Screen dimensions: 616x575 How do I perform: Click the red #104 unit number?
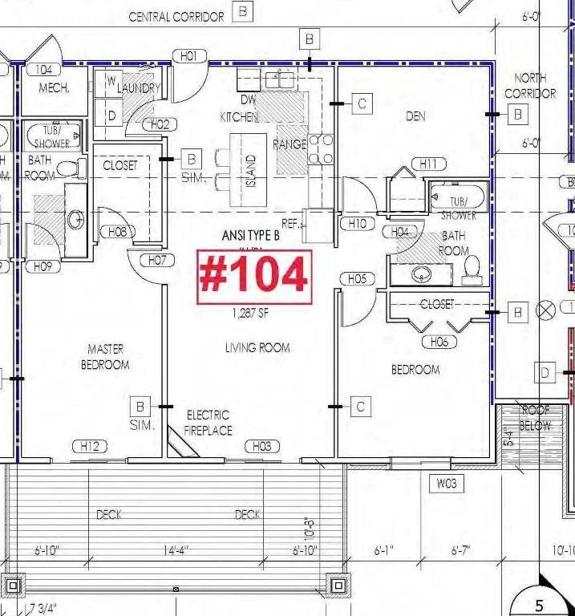pyautogui.click(x=254, y=275)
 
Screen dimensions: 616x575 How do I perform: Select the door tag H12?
pyautogui.click(x=90, y=447)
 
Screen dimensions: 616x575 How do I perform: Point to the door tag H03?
pyautogui.click(x=261, y=447)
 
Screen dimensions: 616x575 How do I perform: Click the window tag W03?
pyautogui.click(x=446, y=484)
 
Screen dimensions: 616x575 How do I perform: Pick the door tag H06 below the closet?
pyautogui.click(x=439, y=342)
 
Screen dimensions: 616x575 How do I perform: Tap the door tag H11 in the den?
pyautogui.click(x=428, y=164)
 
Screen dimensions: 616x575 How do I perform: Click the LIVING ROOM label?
pyautogui.click(x=257, y=347)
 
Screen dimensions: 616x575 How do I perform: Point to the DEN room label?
pyautogui.click(x=415, y=116)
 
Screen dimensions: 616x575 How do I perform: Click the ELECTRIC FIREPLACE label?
pyautogui.click(x=209, y=423)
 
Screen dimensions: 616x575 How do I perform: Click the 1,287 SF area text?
pyautogui.click(x=250, y=314)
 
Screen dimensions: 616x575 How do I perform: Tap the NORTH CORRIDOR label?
pyautogui.click(x=530, y=86)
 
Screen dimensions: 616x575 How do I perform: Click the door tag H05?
pyautogui.click(x=357, y=279)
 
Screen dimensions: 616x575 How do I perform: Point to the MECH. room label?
pyautogui.click(x=54, y=88)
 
